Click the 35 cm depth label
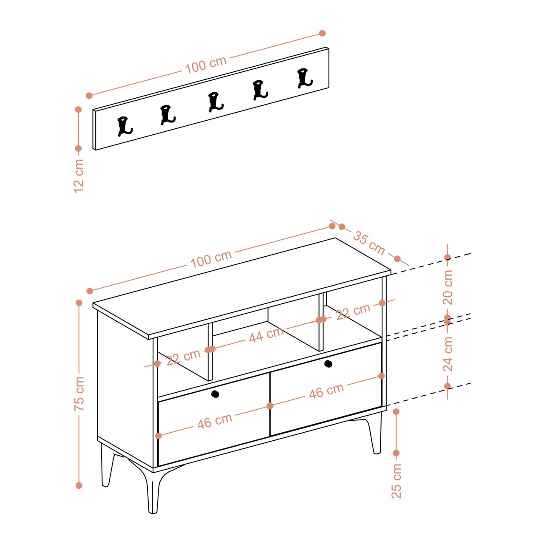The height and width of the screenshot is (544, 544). coord(369,243)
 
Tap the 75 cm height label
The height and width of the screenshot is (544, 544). coord(79,393)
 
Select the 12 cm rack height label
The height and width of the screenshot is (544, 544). coord(79,176)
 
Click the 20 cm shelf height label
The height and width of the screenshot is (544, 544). coord(448,287)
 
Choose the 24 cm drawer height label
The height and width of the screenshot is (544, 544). coord(448,354)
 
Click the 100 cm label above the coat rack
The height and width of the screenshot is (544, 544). coord(206,64)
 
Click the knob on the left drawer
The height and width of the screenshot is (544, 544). coord(215,394)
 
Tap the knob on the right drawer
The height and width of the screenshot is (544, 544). coord(328,364)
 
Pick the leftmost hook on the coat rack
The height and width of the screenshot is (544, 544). coord(124,126)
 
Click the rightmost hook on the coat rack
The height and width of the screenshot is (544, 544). coord(305,78)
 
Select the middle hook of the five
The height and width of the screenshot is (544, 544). coord(215,102)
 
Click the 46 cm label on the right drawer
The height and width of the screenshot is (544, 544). coord(326,391)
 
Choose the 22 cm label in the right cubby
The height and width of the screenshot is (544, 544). coord(353,311)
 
